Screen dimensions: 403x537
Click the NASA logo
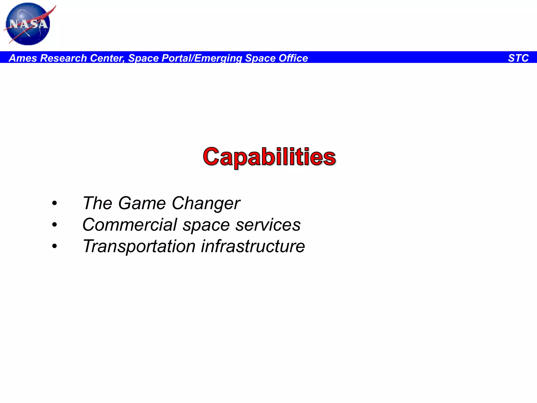[x=28, y=24]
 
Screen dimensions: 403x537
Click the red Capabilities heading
[x=269, y=157]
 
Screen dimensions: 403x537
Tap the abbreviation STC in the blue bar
[x=518, y=58]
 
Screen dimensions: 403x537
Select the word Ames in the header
[x=23, y=58]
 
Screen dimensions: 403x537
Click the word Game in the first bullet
[x=142, y=203]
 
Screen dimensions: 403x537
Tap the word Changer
[x=206, y=203]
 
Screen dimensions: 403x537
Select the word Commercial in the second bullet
[x=130, y=225]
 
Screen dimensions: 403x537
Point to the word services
[x=268, y=225]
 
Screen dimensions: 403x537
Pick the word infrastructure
[x=253, y=246]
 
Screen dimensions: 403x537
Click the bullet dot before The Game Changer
[x=54, y=203]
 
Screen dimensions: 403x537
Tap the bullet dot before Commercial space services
[x=54, y=225]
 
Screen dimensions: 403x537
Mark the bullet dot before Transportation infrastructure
[x=54, y=246]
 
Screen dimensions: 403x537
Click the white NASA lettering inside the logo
[x=28, y=24]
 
